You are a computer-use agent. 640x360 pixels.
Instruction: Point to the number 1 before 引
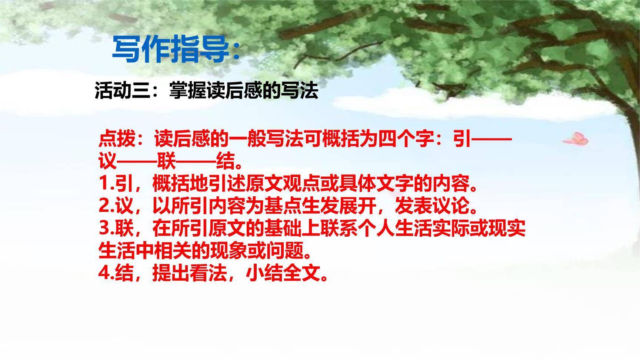coord(103,184)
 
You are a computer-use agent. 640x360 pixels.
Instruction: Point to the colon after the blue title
coord(237,52)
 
